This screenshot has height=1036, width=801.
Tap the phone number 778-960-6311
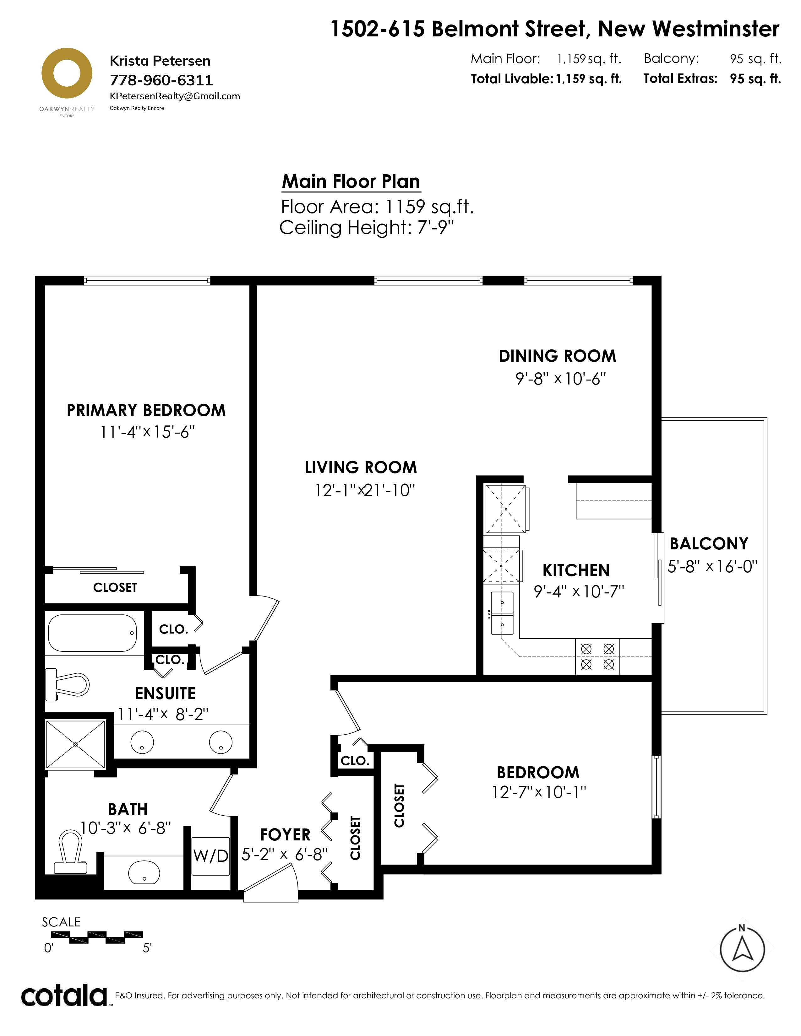click(161, 80)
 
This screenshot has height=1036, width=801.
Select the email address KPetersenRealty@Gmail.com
click(175, 96)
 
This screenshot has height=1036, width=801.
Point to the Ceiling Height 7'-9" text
click(366, 228)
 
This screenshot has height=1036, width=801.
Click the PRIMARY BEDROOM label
click(146, 410)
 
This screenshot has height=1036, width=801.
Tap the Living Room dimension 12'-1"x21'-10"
click(364, 490)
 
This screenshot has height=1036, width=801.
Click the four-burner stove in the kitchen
click(597, 656)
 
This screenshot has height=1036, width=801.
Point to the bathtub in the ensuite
click(93, 633)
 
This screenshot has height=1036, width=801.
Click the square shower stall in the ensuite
click(75, 744)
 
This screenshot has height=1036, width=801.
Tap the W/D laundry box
click(211, 856)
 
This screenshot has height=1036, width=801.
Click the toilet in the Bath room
click(71, 852)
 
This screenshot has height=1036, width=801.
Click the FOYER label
click(285, 834)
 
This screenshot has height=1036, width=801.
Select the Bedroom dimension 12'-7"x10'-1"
click(539, 792)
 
